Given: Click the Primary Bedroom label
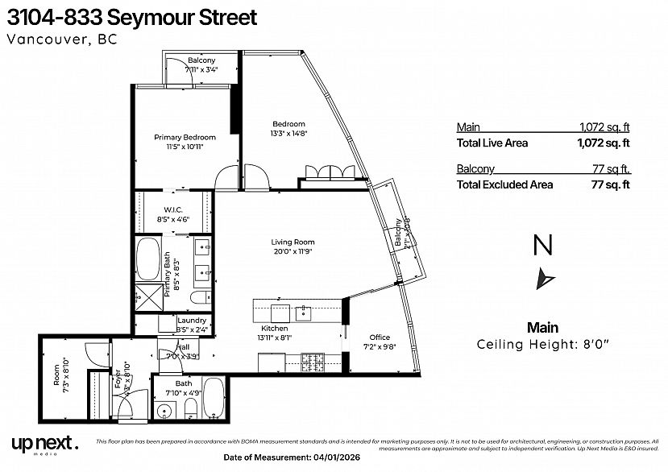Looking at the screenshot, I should [x=185, y=138].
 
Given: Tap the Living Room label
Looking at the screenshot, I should [x=292, y=242].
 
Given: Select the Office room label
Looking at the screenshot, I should [x=380, y=337].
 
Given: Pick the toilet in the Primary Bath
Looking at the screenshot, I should [x=197, y=300].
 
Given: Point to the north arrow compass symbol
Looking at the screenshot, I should [x=545, y=279].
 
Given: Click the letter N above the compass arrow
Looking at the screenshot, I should [x=544, y=244].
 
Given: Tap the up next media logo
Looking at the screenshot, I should [x=45, y=443].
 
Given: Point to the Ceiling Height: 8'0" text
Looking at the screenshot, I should [x=543, y=345].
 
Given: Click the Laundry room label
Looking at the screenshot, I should [x=192, y=320].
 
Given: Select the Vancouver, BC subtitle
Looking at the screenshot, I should [x=61, y=40].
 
